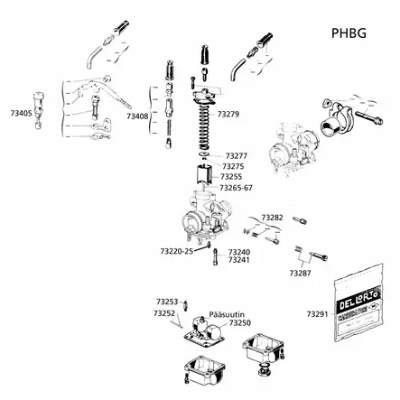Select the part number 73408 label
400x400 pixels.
pos(137,116)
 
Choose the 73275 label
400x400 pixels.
pos(233,166)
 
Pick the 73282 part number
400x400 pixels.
pos(272,218)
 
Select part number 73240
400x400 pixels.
pos(238,252)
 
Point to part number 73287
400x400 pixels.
pos(300,272)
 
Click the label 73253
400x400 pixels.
pos(166,302)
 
